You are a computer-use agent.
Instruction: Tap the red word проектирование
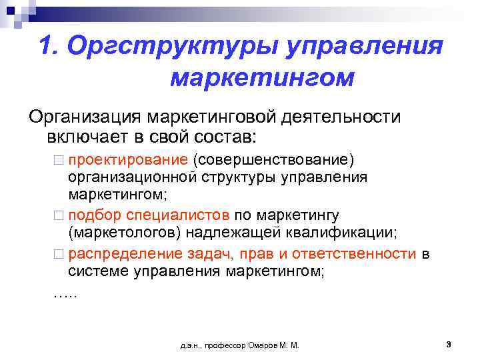pos(127,161)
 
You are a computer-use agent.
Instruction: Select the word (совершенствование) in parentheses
pos(273,161)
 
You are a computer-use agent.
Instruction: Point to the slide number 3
pos(449,344)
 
